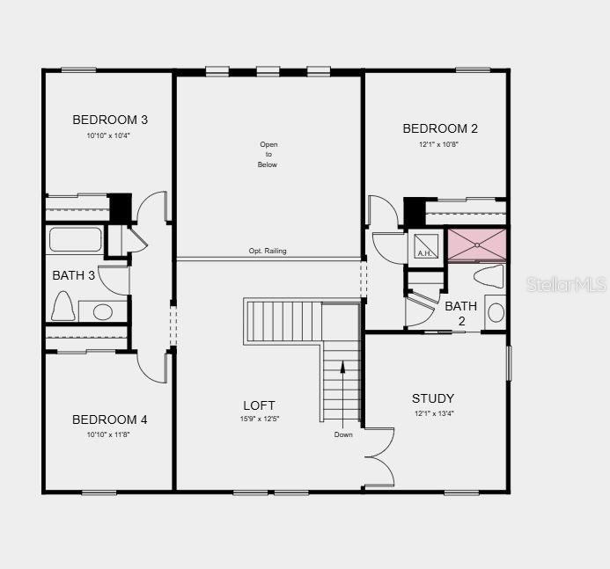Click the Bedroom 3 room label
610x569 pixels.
(110, 120)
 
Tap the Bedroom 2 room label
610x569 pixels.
(440, 128)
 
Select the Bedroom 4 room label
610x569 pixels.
(110, 419)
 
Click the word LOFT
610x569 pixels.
(259, 405)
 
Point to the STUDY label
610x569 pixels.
(433, 398)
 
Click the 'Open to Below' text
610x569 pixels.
(268, 155)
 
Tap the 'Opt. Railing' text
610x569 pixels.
(268, 251)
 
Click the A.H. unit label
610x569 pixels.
(425, 253)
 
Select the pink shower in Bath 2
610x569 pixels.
(477, 244)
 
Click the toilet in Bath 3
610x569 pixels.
(62, 306)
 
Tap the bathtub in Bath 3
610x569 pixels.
(76, 240)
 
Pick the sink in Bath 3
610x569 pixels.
(103, 311)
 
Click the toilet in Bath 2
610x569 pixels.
(489, 276)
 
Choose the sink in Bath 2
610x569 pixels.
(496, 312)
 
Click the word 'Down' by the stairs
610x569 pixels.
(343, 434)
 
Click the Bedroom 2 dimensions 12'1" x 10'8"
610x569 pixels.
(438, 144)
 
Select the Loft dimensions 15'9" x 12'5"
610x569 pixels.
(259, 419)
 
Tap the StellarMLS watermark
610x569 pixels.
(566, 284)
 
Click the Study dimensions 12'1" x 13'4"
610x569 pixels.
(434, 413)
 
